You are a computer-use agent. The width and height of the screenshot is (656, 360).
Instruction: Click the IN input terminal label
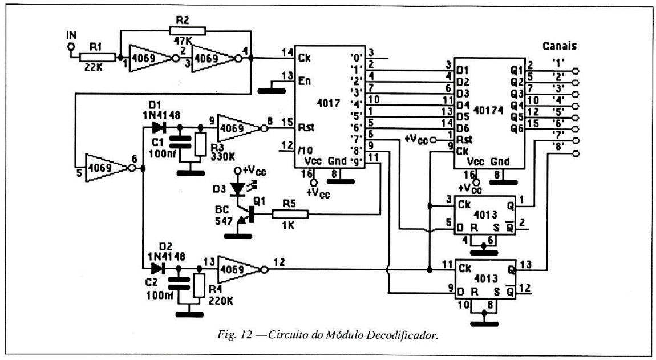(x=71, y=35)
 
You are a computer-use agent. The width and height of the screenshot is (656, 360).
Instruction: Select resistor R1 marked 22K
(x=96, y=57)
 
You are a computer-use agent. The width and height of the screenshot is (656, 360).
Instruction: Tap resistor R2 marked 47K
(x=184, y=31)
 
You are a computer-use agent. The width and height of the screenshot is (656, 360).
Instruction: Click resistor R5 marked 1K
(x=290, y=215)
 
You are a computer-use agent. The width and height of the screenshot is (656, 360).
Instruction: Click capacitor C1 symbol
(x=181, y=142)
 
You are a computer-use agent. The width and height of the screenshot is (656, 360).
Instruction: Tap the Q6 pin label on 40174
(x=517, y=129)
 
